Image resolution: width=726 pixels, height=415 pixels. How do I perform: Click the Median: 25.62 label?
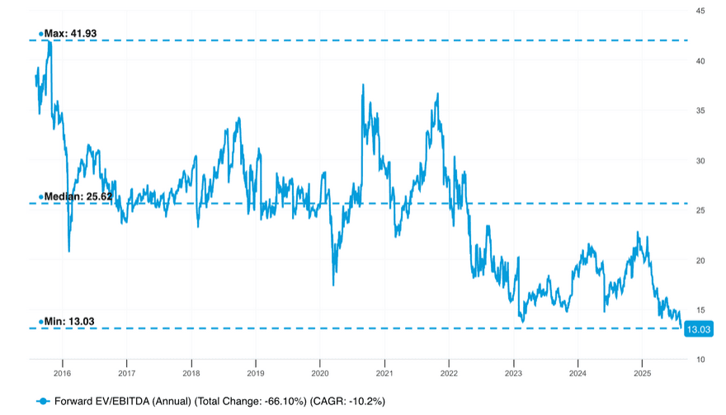78,196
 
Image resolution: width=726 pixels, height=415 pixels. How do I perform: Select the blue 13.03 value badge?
699,329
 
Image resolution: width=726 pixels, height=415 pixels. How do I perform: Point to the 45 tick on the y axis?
699,11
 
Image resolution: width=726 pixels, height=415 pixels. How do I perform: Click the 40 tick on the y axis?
699,61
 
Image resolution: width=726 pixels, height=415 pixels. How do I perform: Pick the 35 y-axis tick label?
699,111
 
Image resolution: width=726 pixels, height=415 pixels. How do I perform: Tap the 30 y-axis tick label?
699,161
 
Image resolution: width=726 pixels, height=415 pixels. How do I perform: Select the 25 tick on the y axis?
699,210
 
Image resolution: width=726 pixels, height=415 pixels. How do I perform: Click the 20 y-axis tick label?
699,260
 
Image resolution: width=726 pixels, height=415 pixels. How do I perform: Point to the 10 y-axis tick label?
699,360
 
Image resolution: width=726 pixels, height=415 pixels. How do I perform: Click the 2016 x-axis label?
62,373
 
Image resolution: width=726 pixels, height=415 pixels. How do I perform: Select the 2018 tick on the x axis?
191,373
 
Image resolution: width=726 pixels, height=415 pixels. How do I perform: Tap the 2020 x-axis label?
319,373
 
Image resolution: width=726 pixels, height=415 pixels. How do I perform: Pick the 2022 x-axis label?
448,373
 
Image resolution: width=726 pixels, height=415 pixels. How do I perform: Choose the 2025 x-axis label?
642,373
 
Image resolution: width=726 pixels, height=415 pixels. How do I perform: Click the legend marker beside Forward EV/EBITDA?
44,401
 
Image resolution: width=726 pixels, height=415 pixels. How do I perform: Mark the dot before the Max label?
40,34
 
